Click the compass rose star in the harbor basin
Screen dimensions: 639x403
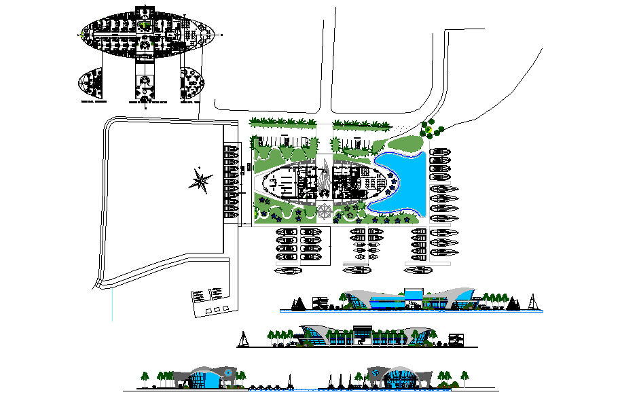point(201,180)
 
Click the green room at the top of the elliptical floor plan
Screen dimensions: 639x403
point(144,26)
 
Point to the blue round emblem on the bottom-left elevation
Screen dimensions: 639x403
point(230,373)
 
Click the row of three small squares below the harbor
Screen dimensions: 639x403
point(217,309)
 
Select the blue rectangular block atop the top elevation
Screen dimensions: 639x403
point(412,294)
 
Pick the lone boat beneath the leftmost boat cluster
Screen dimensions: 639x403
point(289,270)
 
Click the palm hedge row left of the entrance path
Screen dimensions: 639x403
point(282,122)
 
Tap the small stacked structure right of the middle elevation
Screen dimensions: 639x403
point(456,339)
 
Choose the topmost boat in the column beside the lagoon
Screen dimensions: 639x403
point(440,152)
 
